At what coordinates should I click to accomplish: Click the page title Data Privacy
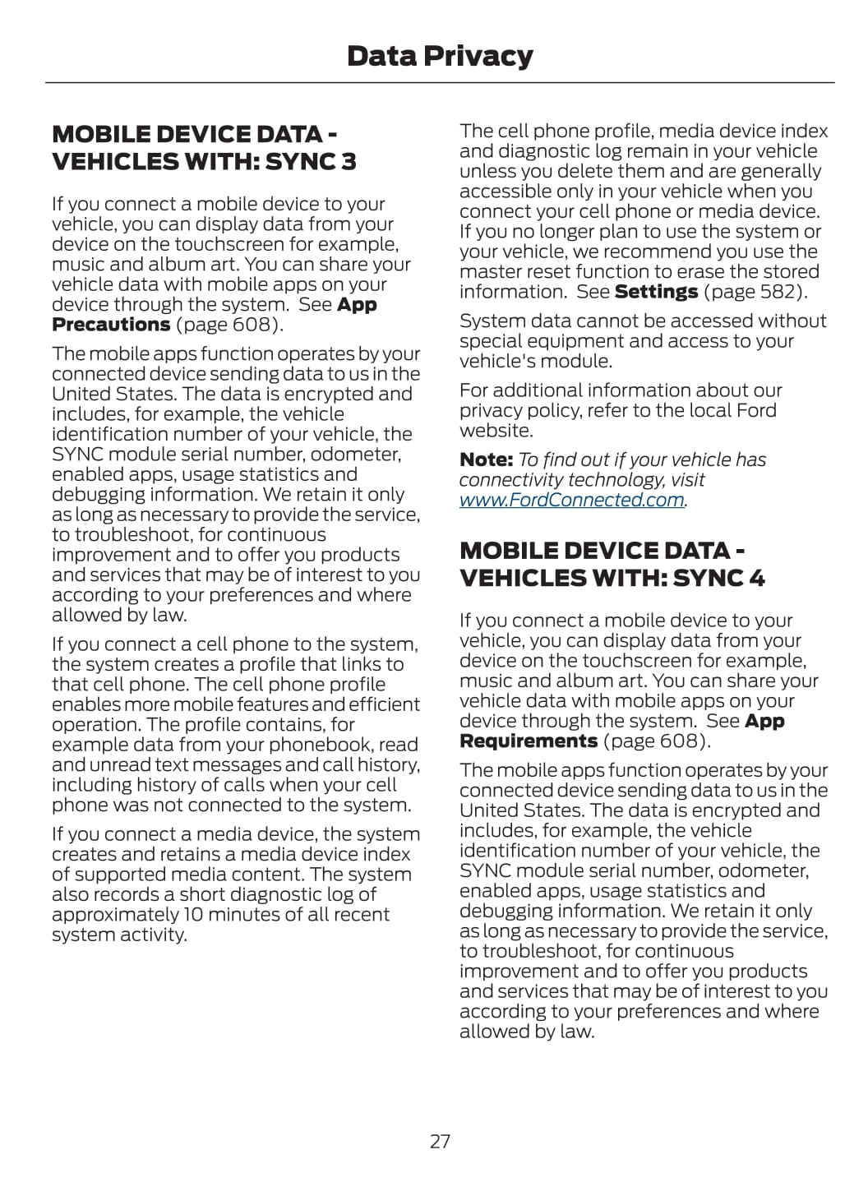[x=440, y=56]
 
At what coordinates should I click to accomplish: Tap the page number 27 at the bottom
[x=440, y=1141]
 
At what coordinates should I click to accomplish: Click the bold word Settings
[x=656, y=292]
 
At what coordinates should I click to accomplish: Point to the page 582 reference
[x=755, y=292]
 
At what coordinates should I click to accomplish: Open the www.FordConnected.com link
[x=572, y=500]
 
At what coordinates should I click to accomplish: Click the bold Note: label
[x=486, y=459]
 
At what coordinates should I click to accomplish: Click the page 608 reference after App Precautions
[x=229, y=324]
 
